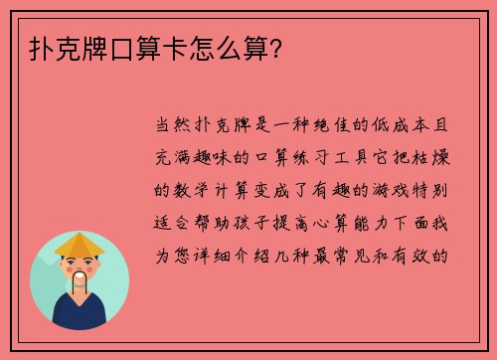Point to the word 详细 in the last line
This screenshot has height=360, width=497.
click(x=228, y=255)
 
